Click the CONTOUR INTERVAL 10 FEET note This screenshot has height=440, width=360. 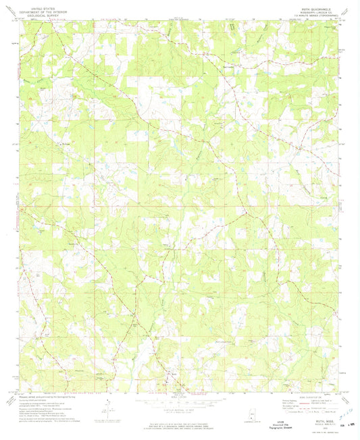(180, 410)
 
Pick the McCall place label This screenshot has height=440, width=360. (65, 142)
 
